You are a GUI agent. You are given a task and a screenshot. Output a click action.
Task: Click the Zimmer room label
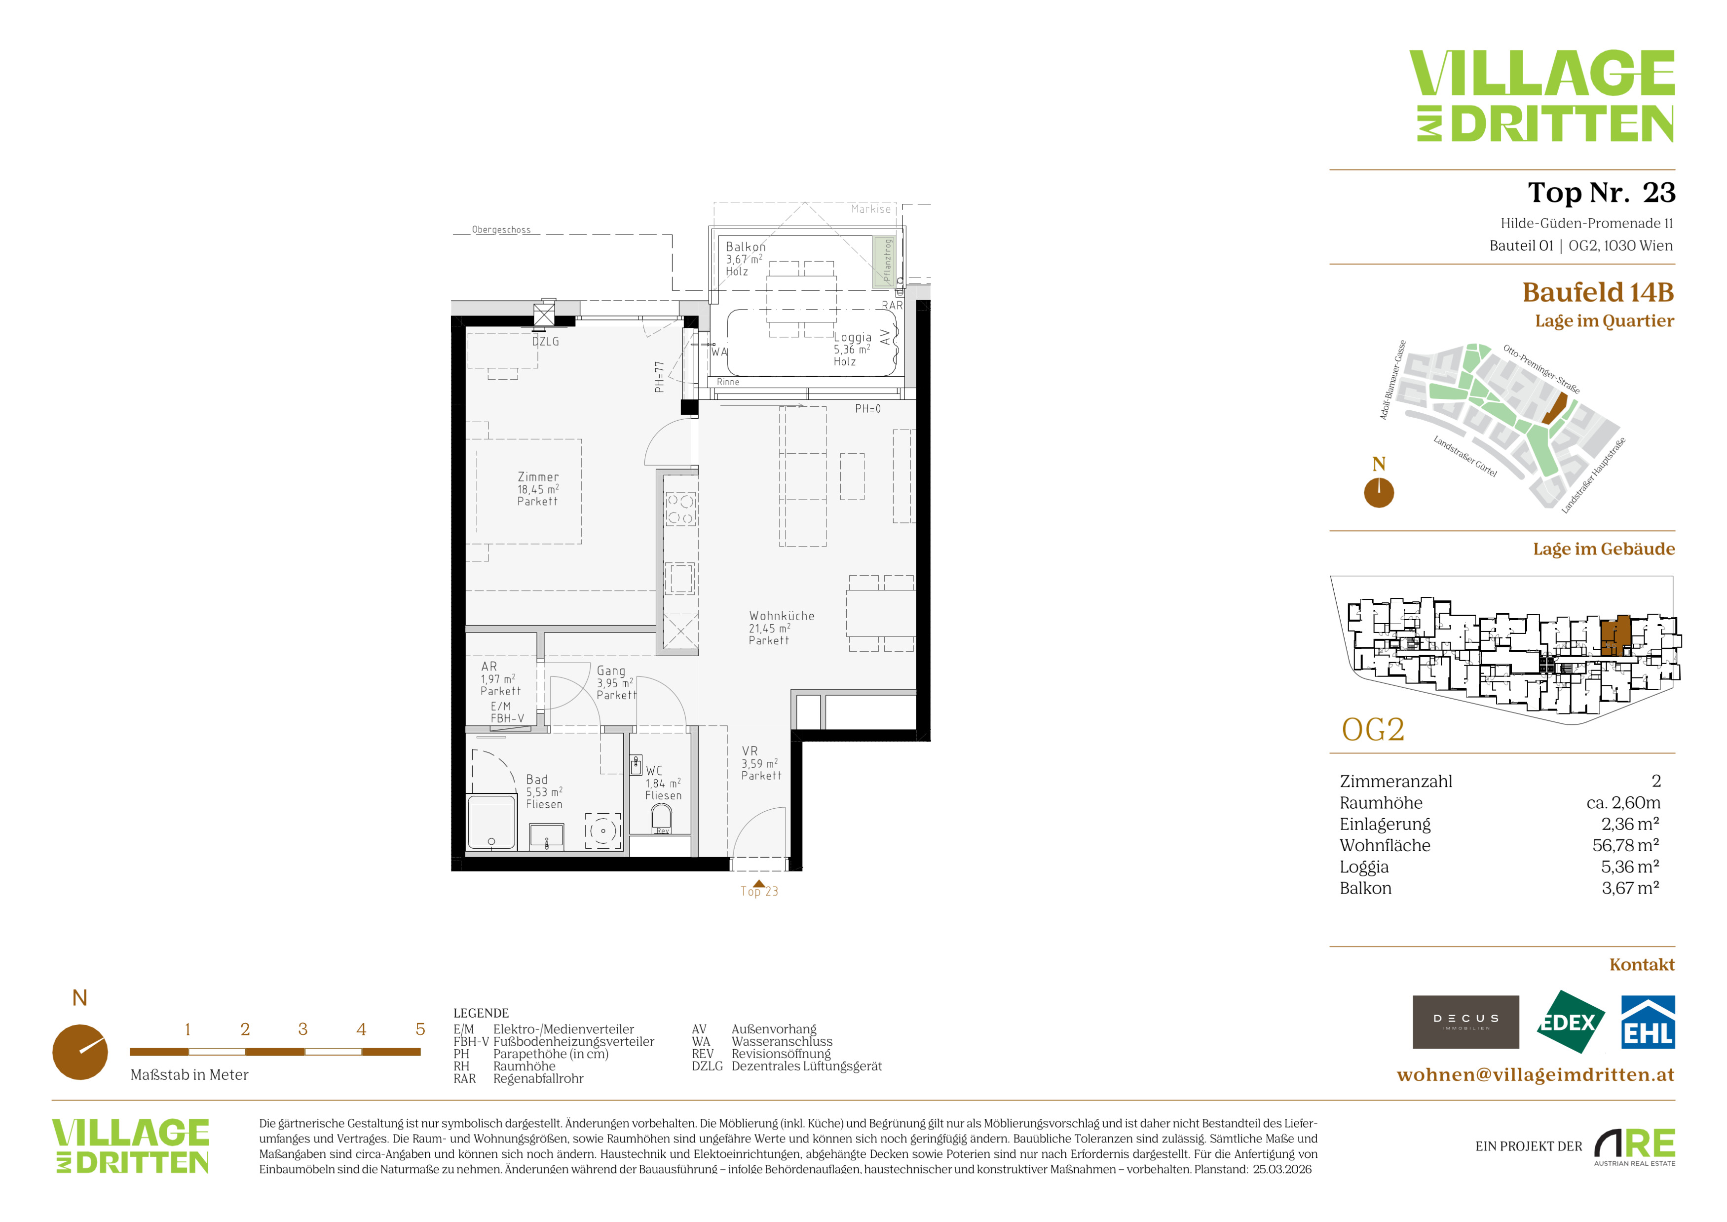click(538, 477)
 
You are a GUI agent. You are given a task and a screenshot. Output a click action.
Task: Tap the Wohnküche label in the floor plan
click(782, 616)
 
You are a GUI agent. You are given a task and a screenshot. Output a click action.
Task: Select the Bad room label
click(537, 780)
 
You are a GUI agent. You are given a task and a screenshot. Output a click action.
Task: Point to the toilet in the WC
click(661, 817)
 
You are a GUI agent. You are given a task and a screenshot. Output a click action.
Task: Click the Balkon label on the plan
click(746, 247)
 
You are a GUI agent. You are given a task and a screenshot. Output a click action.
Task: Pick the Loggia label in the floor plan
click(852, 337)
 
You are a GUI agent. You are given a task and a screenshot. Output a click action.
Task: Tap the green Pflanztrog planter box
click(884, 262)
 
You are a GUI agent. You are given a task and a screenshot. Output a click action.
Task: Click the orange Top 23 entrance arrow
click(759, 884)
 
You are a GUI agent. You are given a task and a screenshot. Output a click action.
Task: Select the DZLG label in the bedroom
click(545, 342)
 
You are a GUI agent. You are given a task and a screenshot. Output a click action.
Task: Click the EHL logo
click(1647, 1022)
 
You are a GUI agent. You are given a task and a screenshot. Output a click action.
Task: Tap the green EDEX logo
click(1570, 1022)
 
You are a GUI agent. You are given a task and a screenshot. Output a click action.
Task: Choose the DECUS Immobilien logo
click(1465, 1022)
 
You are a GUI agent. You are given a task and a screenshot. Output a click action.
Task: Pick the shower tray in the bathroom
click(491, 823)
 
